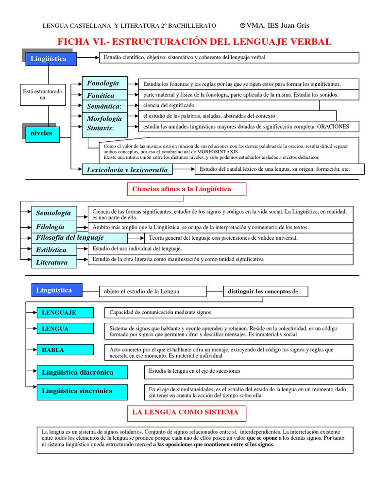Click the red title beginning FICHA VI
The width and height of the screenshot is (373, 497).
194,42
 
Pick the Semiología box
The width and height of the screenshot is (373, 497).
58,213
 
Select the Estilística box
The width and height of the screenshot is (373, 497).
58,250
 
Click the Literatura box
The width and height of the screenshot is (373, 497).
58,263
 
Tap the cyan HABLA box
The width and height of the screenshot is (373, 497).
65,350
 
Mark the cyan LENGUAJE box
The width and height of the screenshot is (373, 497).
65,312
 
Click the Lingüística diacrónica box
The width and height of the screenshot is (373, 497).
82,372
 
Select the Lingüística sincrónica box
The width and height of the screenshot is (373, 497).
82,391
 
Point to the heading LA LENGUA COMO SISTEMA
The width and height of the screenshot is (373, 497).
186,413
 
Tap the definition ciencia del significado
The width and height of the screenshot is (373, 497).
169,105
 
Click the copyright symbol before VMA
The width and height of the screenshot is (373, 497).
243,25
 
